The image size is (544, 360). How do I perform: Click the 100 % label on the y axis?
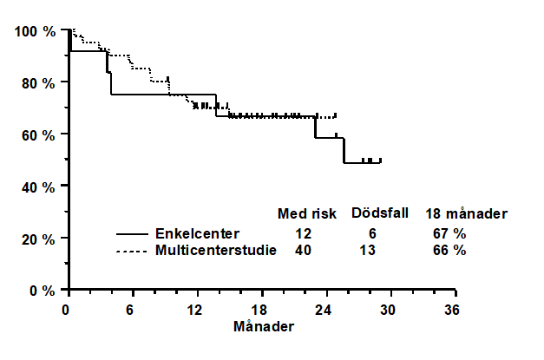tap(35, 31)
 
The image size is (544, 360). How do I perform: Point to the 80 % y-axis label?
tap(38, 83)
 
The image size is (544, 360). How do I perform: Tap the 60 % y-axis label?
tap(38, 135)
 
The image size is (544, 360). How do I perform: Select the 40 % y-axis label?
tap(38, 187)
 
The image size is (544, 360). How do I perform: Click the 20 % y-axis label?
tap(38, 239)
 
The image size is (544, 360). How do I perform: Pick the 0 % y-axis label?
tap(43, 291)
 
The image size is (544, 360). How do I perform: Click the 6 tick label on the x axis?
tap(129, 310)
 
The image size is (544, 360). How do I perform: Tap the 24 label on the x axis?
tap(323, 310)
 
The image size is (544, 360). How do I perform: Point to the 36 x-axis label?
tap(452, 310)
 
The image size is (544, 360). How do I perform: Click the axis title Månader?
tap(264, 326)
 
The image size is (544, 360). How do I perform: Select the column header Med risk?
tap(307, 213)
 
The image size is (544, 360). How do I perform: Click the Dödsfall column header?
tap(380, 213)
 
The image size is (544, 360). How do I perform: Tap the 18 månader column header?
tap(466, 213)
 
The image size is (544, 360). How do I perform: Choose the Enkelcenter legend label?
tap(197, 233)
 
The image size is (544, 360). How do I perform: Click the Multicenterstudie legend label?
tap(216, 251)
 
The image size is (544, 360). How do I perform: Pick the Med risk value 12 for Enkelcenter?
tap(303, 233)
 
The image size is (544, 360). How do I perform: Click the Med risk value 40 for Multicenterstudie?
tap(303, 251)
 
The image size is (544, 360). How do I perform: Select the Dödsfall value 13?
tap(367, 251)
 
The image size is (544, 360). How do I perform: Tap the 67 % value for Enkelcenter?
tap(449, 233)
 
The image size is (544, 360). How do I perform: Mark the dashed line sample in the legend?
tap(132, 252)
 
